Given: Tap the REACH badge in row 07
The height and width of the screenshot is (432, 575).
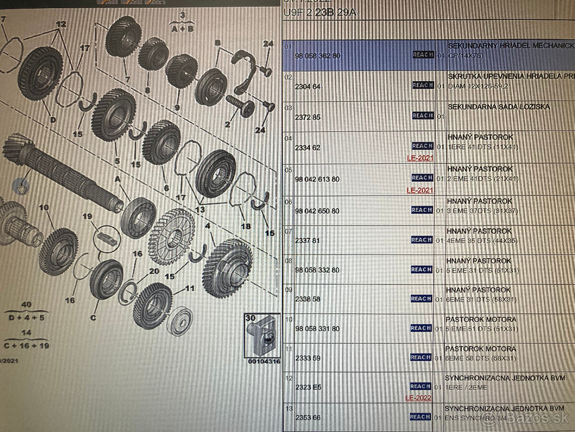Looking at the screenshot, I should [x=422, y=240].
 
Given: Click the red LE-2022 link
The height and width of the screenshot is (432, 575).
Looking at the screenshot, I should [x=418, y=398].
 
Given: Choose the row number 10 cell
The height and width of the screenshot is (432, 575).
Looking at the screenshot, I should [x=288, y=319].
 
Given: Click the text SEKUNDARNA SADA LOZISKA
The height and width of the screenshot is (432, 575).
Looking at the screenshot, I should [x=499, y=107].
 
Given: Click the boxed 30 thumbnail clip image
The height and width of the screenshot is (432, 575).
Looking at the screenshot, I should [x=262, y=337].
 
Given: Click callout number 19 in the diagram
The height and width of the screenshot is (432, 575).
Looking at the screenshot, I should [x=87, y=216].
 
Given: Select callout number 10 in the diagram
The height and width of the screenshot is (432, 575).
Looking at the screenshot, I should [x=44, y=207].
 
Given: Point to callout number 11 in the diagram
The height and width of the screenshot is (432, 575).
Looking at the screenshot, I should [x=190, y=288].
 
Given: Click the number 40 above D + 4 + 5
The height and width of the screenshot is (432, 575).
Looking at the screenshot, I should [x=26, y=305].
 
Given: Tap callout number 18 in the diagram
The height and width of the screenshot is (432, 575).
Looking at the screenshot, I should [x=246, y=227].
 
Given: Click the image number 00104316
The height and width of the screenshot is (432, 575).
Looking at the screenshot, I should [x=264, y=361].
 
